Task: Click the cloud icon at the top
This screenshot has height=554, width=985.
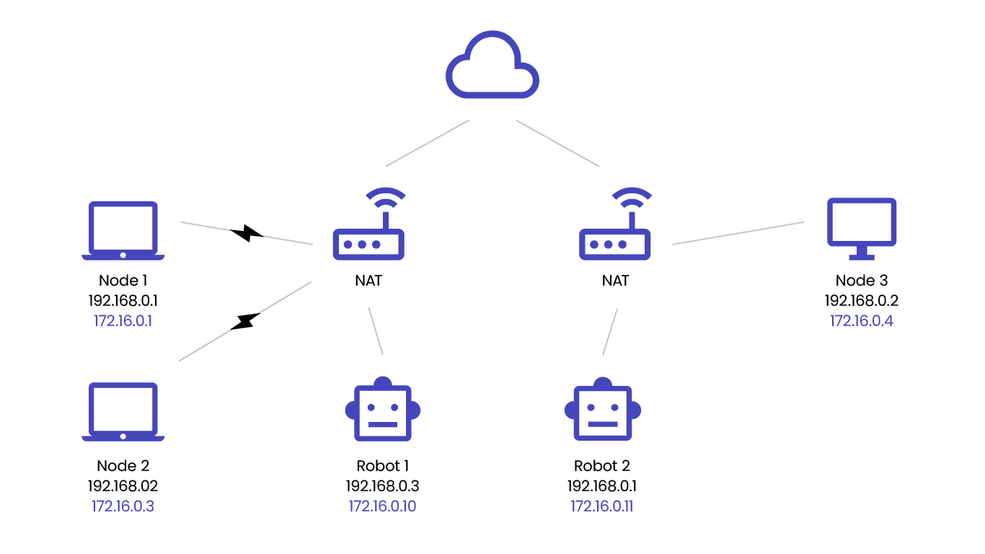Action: [x=492, y=65]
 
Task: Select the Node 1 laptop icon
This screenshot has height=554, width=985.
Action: [x=123, y=230]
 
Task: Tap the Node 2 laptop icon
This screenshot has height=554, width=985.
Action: [x=123, y=411]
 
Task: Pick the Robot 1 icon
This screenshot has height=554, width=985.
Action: [x=382, y=410]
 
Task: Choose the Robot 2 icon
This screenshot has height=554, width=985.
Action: [x=602, y=410]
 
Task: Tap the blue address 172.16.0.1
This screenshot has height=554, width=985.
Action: [x=123, y=321]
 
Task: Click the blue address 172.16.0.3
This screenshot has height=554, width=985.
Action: [x=123, y=506]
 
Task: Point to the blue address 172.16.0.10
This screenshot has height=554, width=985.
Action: [x=382, y=506]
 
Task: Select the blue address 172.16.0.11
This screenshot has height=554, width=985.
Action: [x=602, y=506]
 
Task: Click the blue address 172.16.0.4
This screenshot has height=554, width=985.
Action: [x=862, y=321]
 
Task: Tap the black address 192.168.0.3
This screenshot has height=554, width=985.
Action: [x=382, y=486]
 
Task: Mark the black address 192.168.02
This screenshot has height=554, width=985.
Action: [x=123, y=486]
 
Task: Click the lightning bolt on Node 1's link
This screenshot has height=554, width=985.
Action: [x=247, y=233]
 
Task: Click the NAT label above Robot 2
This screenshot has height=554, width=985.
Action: [x=615, y=281]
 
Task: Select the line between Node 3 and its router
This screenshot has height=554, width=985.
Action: [x=738, y=233]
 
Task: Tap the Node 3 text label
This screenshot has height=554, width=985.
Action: [x=862, y=281]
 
